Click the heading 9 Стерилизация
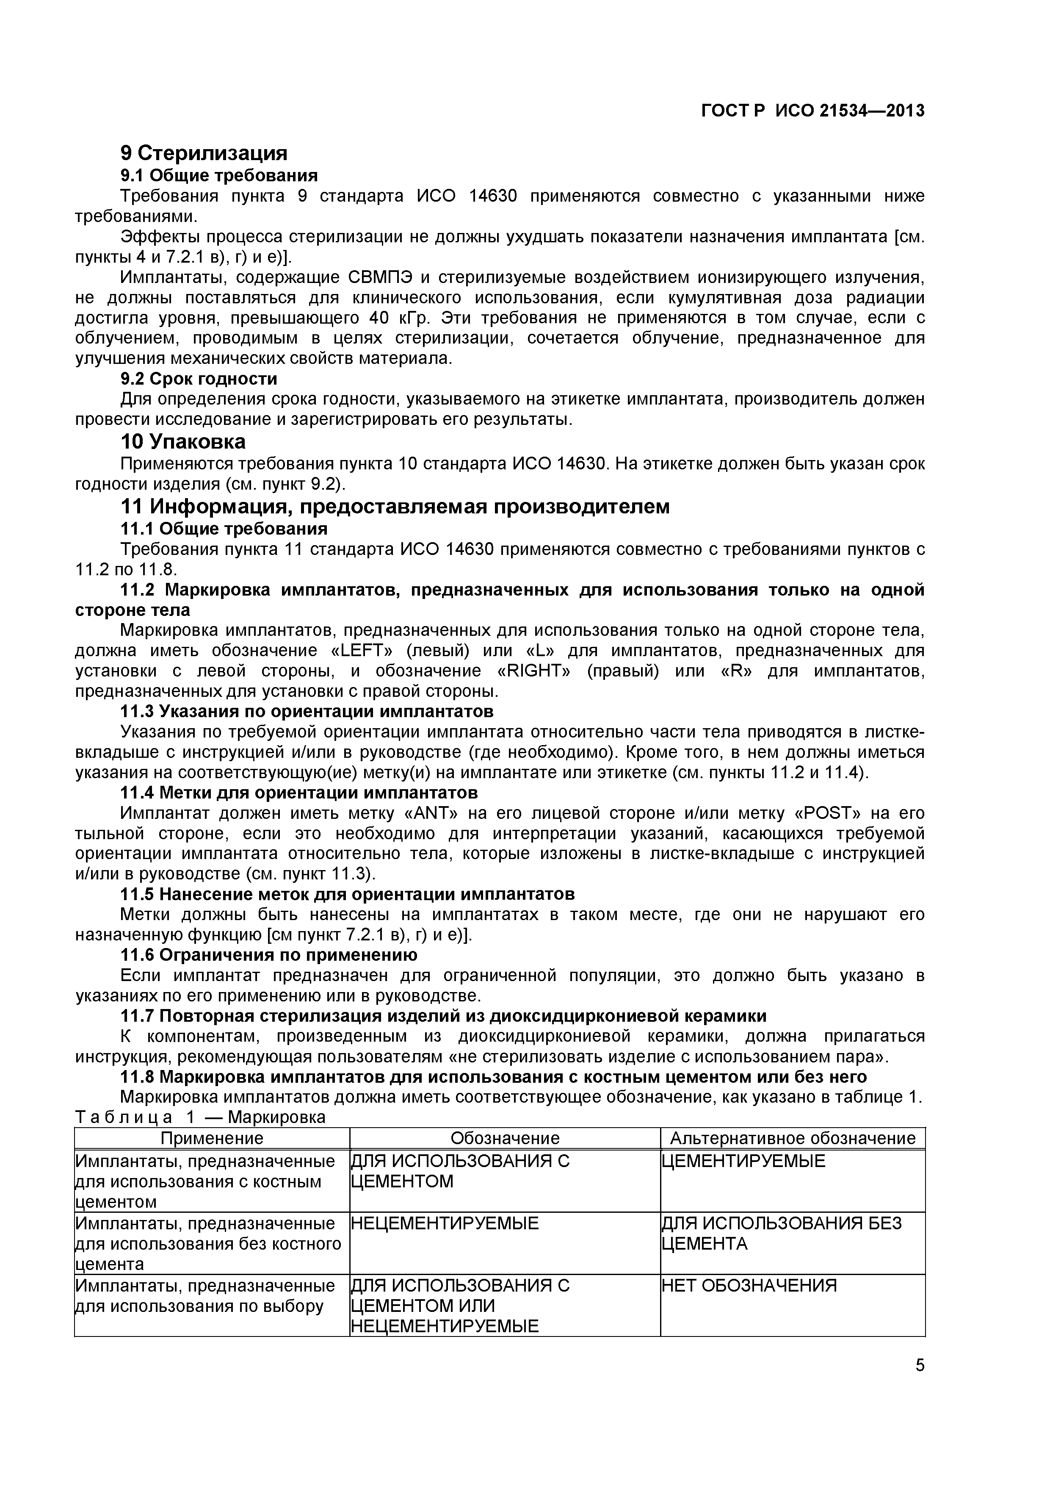pyautogui.click(x=204, y=153)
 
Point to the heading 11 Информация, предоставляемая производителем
pyautogui.click(x=395, y=506)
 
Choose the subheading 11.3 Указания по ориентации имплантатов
pyautogui.click(x=307, y=711)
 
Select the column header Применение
pyautogui.click(x=212, y=1139)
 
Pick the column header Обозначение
pyautogui.click(x=505, y=1139)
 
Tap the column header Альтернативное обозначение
pyautogui.click(x=793, y=1139)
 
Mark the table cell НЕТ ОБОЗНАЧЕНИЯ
pyautogui.click(x=749, y=1285)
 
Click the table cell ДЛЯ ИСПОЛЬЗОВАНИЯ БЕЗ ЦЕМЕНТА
pyautogui.click(x=781, y=1234)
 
